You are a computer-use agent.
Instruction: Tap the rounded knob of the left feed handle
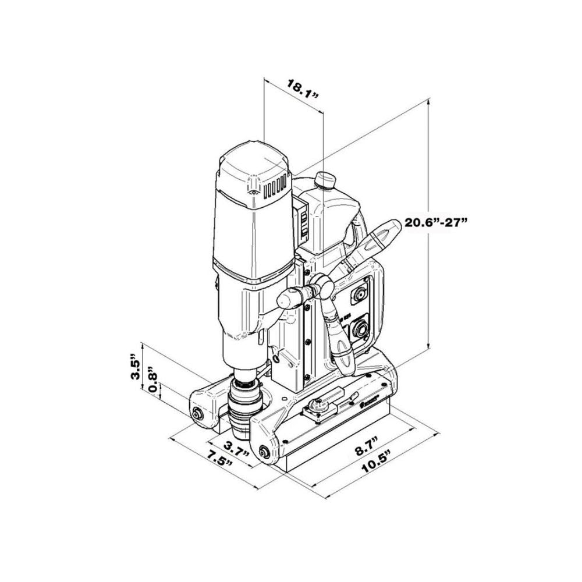click(x=286, y=299)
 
